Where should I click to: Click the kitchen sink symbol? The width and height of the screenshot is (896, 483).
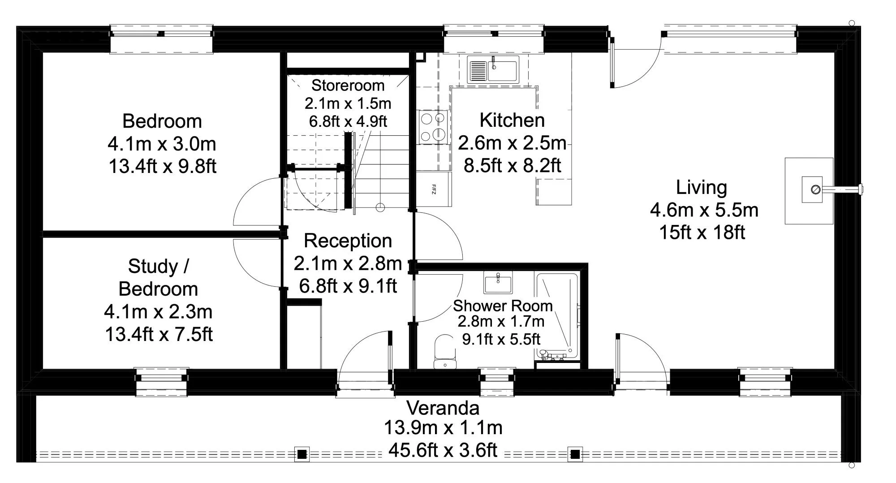(x=493, y=69)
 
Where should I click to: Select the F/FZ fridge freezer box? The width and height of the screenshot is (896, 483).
(x=434, y=189)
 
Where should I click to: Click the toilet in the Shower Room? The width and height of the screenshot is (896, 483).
(x=445, y=352)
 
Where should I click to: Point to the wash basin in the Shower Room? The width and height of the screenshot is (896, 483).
(x=498, y=284)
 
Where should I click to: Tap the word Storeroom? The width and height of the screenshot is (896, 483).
(x=348, y=85)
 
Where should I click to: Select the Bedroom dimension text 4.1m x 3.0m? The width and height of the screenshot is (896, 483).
(x=162, y=144)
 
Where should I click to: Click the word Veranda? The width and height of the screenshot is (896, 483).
(x=443, y=408)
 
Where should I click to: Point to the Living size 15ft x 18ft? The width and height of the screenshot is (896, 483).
(x=702, y=232)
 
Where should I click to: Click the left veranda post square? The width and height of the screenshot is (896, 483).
(x=302, y=455)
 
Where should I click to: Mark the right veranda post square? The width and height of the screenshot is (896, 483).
(x=575, y=455)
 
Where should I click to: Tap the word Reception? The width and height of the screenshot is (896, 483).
(x=348, y=241)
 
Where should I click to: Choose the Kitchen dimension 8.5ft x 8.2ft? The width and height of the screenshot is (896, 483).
(x=512, y=165)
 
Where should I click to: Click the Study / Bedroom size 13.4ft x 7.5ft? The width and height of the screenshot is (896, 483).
(x=159, y=334)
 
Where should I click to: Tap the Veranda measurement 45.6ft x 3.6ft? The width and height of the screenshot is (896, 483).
(x=443, y=450)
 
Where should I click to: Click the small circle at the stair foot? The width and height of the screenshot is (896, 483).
(x=380, y=207)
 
